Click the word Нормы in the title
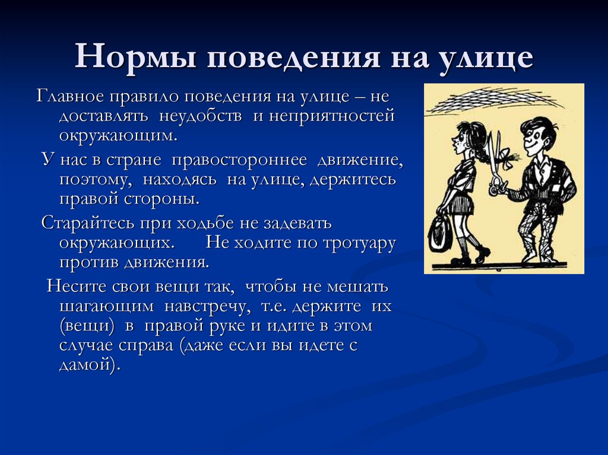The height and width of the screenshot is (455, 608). point(135,56)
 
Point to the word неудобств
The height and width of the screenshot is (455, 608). point(201,116)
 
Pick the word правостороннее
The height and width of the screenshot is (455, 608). point(239,160)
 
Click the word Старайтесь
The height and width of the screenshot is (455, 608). point(88,223)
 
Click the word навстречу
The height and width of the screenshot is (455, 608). point(205,306)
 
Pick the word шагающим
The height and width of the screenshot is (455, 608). point(107,306)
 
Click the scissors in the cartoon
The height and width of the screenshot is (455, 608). point(496,163)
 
